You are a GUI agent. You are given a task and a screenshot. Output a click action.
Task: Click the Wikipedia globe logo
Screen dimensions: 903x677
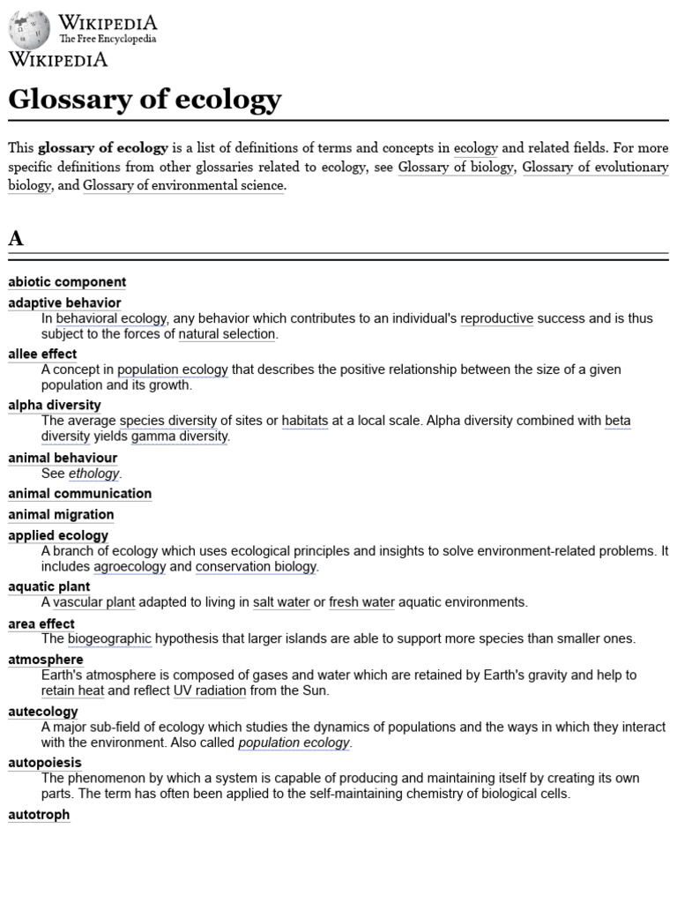29,29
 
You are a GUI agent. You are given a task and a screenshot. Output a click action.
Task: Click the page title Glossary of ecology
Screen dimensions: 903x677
145,99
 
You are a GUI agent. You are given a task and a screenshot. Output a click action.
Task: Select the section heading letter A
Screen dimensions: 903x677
16,238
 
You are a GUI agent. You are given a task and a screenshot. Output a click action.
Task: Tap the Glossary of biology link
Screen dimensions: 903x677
455,167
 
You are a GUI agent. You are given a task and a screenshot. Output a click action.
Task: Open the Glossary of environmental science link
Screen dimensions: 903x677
183,185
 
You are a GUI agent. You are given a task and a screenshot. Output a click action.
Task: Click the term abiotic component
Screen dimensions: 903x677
67,282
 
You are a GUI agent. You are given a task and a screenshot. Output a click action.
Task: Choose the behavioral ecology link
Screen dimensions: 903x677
111,318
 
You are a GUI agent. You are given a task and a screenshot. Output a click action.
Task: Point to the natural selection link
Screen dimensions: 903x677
227,334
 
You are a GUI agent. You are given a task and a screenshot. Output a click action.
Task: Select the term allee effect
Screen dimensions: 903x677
42,354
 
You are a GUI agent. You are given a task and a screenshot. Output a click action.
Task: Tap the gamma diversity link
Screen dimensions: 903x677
180,437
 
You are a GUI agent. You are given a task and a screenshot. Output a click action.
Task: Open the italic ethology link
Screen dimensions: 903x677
93,474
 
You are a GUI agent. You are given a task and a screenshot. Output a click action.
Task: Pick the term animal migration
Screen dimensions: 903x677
61,515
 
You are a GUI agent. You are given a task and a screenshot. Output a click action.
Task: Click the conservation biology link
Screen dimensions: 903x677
256,566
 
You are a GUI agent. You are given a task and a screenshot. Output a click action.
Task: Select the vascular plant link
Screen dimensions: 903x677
93,602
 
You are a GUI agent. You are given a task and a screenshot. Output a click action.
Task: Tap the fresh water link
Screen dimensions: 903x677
361,602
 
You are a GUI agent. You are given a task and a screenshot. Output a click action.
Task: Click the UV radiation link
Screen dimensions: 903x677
209,690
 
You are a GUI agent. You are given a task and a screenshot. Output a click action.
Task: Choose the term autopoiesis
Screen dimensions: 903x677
45,763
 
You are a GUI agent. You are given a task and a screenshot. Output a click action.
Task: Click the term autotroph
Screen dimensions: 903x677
39,815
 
